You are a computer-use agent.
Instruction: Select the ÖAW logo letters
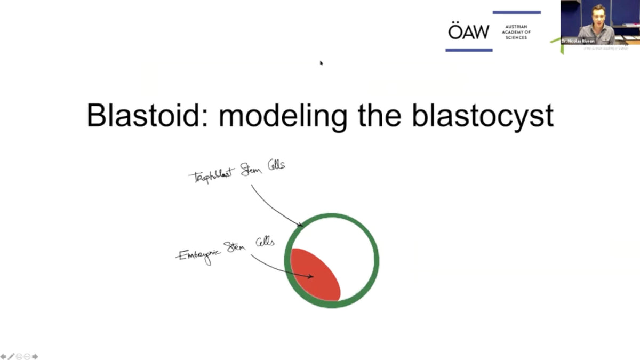point(468,31)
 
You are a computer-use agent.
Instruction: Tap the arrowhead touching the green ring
point(301,226)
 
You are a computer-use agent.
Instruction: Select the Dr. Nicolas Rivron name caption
point(579,41)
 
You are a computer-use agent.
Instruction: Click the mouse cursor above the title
point(321,63)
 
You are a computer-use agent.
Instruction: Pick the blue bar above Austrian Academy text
point(516,12)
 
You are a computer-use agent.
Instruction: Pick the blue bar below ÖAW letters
point(469,50)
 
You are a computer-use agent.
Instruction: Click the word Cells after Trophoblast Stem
point(276,165)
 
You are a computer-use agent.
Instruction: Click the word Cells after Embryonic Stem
point(265,242)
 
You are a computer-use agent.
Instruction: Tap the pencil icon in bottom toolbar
point(11,356)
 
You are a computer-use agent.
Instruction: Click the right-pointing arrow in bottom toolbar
point(35,356)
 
